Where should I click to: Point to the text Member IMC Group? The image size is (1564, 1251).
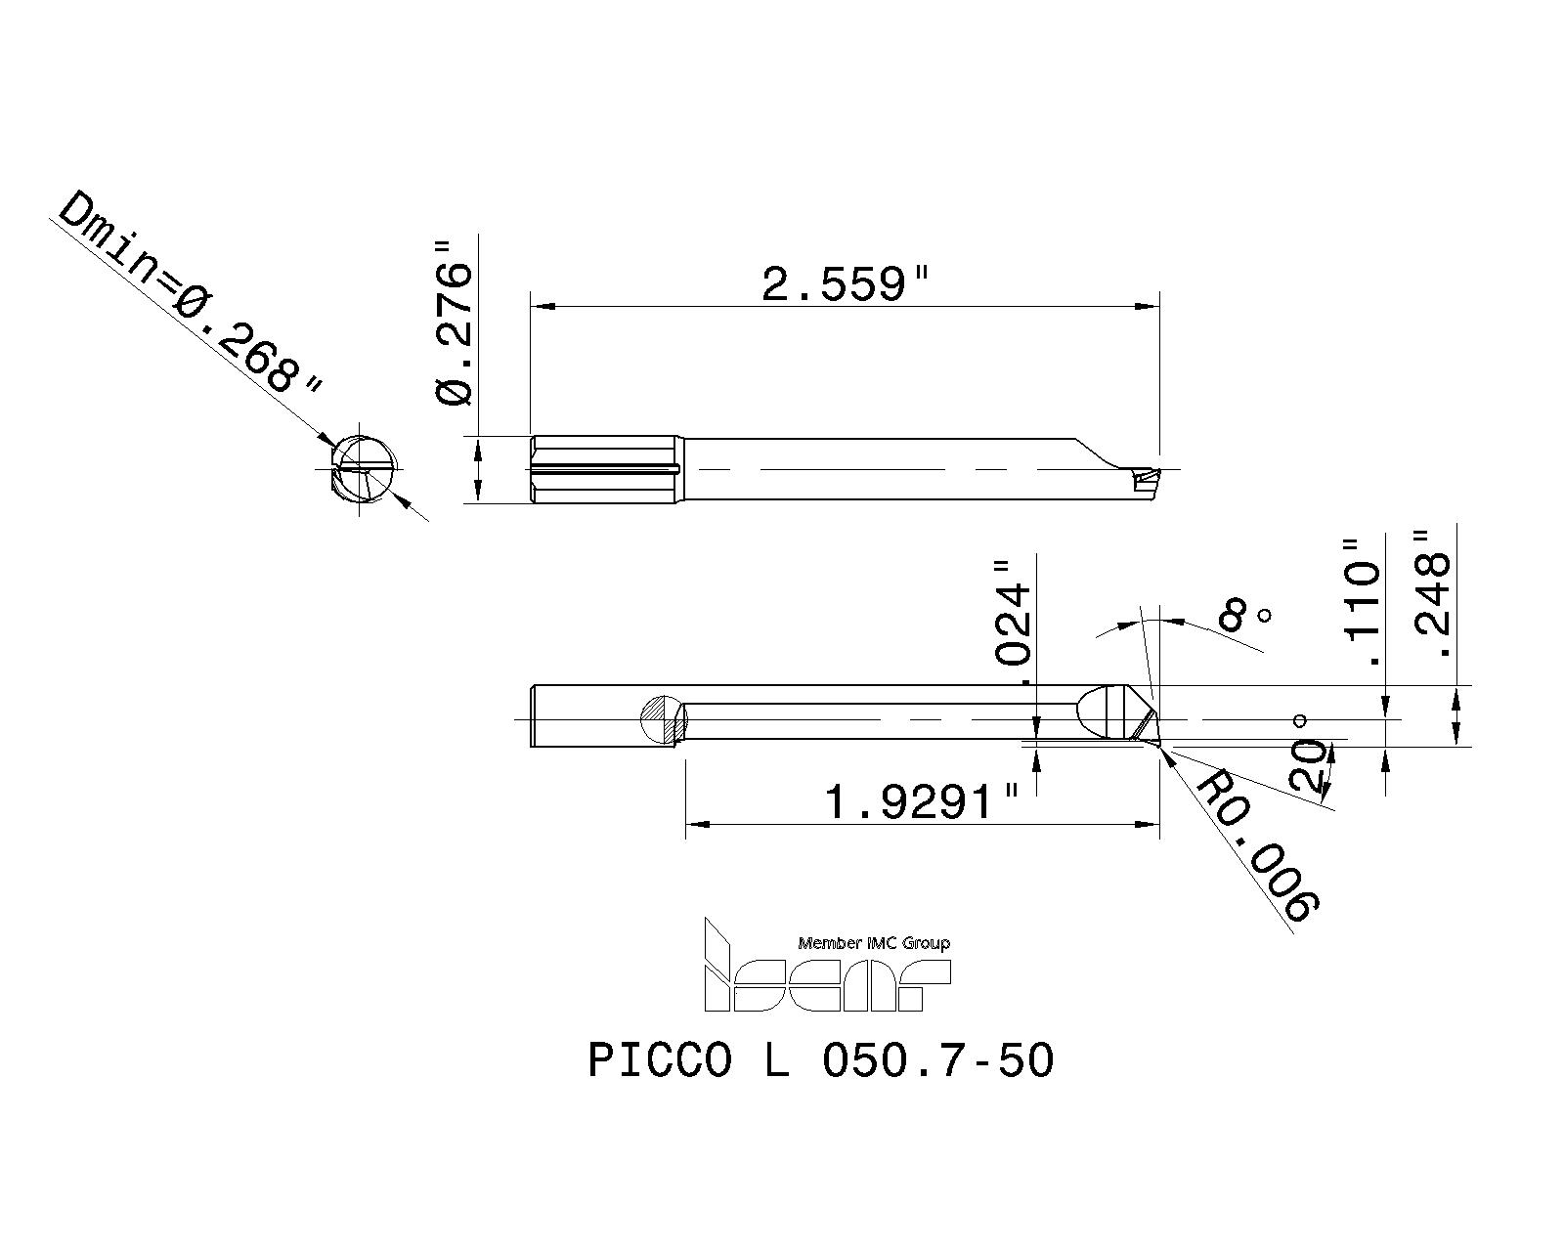874,943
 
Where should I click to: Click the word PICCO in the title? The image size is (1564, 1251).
660,1060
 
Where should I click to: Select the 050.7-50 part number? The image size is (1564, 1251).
938,1060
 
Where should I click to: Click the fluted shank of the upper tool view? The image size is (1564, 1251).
606,469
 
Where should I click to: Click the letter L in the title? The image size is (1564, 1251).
776,1060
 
